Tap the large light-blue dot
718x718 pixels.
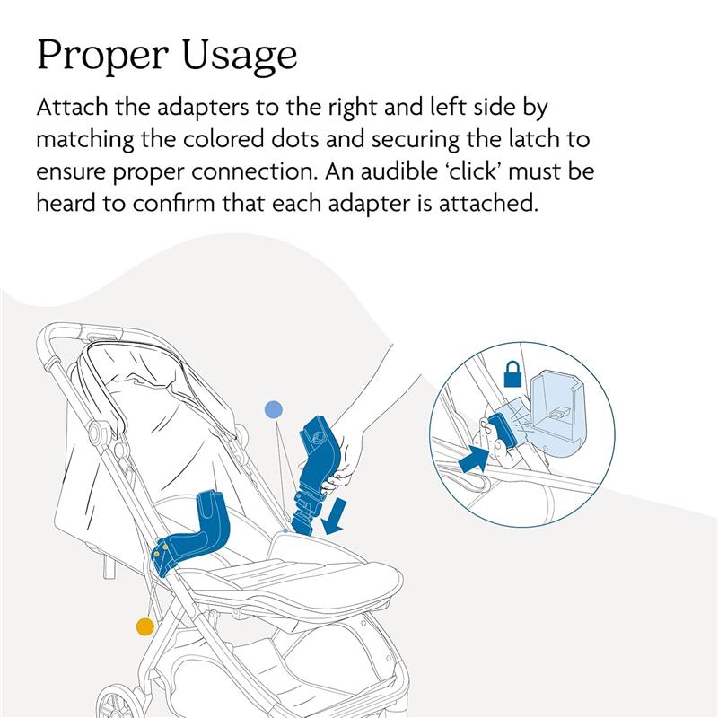[274, 410]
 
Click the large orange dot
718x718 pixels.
[144, 626]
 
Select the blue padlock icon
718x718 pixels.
[512, 374]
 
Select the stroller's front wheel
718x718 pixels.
[115, 700]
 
